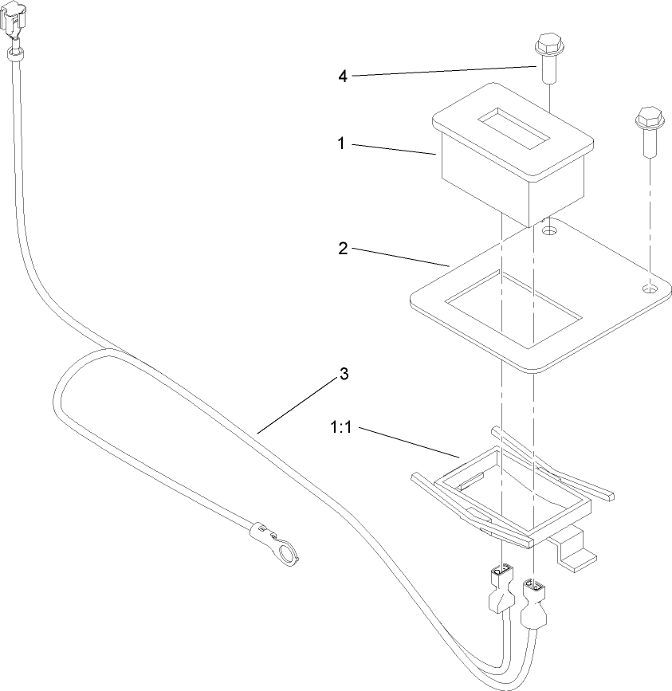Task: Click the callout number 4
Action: pos(342,77)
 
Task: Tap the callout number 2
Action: pos(342,249)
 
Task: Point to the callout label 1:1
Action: pos(344,429)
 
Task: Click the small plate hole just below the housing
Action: pos(548,231)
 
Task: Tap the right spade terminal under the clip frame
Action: pos(532,602)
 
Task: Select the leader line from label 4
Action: pos(442,70)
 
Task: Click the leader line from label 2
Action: pos(399,256)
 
